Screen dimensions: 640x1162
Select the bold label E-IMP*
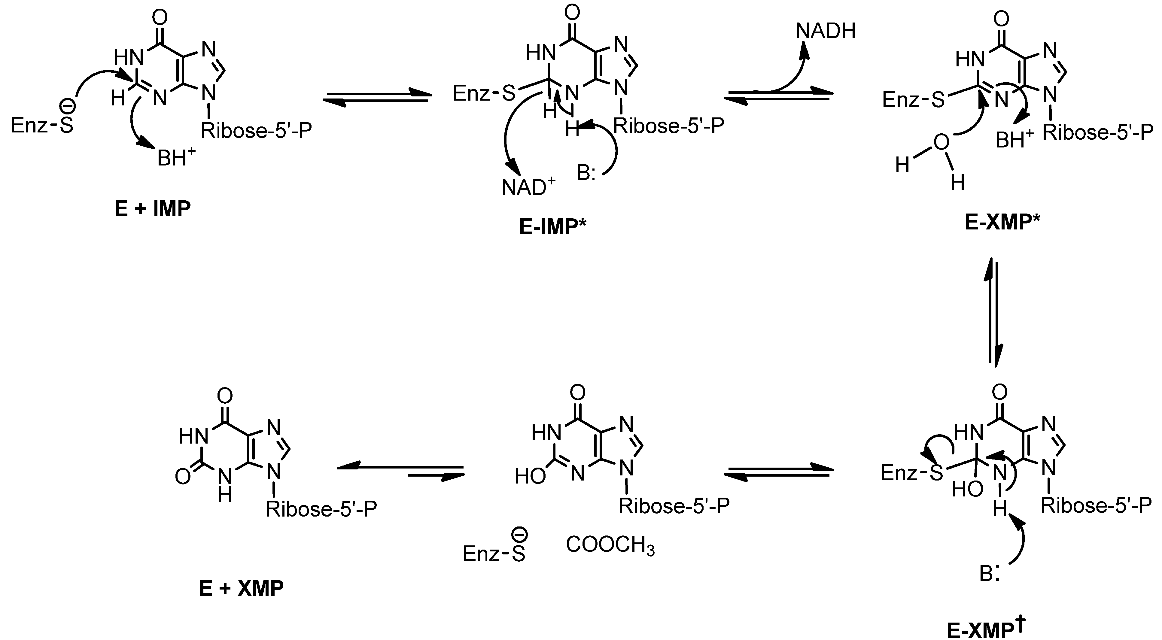coord(552,227)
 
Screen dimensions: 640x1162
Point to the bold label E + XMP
coord(241,589)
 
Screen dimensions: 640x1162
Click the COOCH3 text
coord(610,546)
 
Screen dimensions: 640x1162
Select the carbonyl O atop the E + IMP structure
coord(160,18)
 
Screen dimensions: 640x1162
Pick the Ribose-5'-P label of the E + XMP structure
coord(321,509)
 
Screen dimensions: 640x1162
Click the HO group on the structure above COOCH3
coord(530,476)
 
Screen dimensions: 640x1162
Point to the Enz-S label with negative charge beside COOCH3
coord(494,551)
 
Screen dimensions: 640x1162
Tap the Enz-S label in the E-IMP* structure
coord(484,94)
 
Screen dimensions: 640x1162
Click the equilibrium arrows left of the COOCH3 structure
coord(400,471)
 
